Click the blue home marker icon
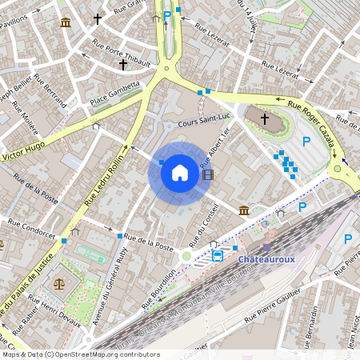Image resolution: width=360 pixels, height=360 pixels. pos(179,173)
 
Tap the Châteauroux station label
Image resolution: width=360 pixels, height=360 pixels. pos(266,259)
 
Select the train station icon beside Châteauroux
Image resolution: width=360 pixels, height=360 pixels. pos(218,256)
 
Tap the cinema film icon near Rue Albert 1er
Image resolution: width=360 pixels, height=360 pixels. pos(208,174)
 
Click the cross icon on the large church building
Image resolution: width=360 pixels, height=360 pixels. pos(265,118)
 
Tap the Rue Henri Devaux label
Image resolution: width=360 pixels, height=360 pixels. pos(63,316)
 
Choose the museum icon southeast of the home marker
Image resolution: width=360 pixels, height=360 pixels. pos(243,210)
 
